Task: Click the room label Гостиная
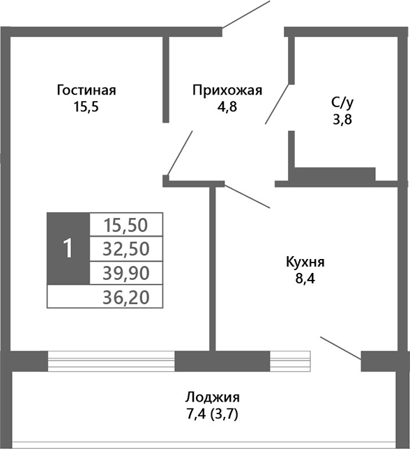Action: point(86,90)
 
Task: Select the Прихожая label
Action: point(227,90)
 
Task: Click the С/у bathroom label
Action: point(342,103)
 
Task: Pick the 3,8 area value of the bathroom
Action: point(342,118)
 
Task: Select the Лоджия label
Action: point(213,397)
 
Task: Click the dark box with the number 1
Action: point(68,249)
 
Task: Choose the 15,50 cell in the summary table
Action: point(126,225)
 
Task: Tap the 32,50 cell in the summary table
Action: point(126,249)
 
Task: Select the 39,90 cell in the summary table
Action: point(126,272)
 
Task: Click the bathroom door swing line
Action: point(276,104)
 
